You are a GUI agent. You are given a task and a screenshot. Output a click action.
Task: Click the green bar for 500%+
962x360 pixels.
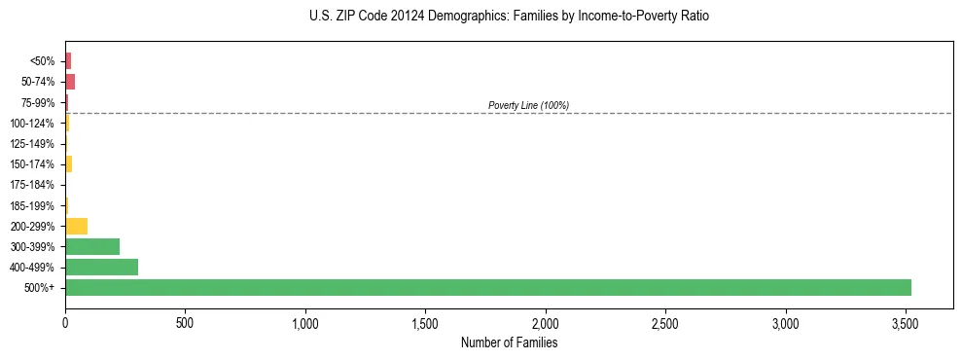coord(487,287)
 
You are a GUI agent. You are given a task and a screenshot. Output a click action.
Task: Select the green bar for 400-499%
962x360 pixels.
coord(101,267)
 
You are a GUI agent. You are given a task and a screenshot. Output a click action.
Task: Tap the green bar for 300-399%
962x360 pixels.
coord(92,246)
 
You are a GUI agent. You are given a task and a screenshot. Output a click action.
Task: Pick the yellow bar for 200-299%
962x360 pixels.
coord(76,226)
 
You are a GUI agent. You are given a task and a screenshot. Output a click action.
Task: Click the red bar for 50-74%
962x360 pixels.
coord(70,82)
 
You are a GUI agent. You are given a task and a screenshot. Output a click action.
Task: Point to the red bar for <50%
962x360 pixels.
coord(68,61)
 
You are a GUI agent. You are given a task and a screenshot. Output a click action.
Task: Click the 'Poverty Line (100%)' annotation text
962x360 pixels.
coord(528,105)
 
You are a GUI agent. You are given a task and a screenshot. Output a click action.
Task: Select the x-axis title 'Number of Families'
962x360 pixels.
coord(509,342)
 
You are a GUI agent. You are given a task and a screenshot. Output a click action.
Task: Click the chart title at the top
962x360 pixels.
coord(510,17)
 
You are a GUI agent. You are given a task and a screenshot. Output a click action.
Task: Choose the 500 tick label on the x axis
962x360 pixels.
coord(185,323)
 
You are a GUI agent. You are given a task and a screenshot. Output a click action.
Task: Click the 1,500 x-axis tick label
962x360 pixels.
coord(425,323)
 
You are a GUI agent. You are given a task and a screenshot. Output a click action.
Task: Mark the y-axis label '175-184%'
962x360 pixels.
coord(36,185)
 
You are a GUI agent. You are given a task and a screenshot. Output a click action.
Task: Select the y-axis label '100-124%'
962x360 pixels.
coord(36,124)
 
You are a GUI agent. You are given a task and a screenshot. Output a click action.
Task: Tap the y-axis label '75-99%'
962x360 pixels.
coord(40,103)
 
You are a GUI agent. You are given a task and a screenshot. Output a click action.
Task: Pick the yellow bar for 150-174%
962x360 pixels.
coord(68,163)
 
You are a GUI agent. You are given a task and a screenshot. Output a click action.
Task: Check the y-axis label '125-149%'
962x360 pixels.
coord(36,144)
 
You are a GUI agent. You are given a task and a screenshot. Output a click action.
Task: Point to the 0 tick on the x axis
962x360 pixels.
coord(65,323)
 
